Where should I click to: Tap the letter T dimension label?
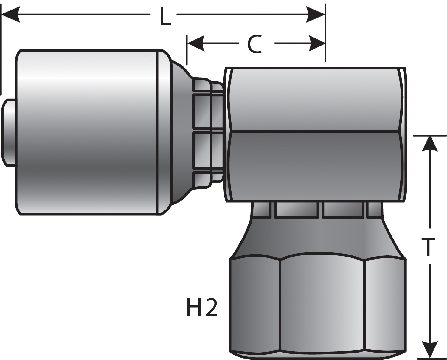point(429,247)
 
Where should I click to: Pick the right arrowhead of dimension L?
point(316,14)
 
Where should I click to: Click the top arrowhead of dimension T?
point(429,145)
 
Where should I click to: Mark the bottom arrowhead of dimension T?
point(429,349)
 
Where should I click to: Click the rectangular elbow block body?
point(316,134)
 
